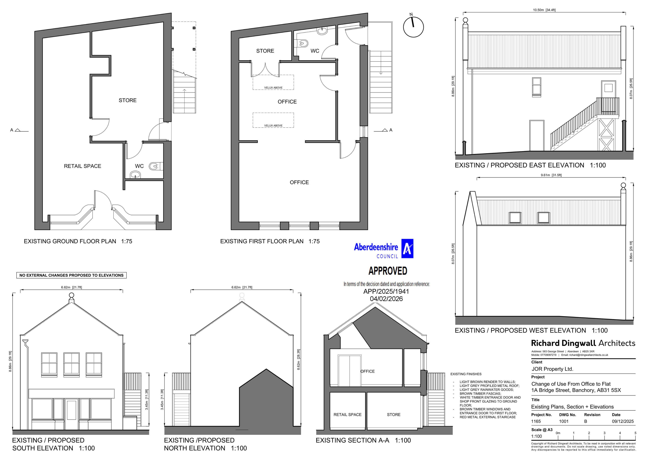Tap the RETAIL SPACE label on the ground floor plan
pos(82,166)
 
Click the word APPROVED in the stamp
pos(388,271)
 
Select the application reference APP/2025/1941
pos(386,291)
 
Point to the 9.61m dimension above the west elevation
pos(551,175)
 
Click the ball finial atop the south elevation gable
pos(72,295)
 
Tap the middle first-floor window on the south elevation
pos(71,363)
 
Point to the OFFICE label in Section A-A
pos(368,371)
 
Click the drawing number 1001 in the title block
pos(564,421)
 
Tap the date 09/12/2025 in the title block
pos(623,421)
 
